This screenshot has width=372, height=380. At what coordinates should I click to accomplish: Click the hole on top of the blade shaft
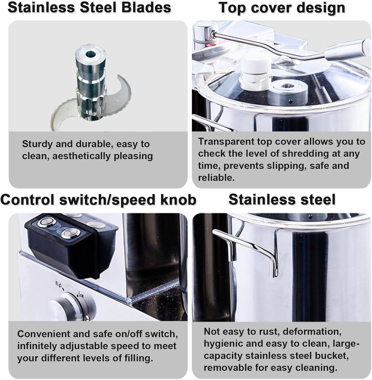coord(90,54)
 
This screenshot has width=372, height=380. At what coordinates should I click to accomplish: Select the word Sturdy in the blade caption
coord(37,144)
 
